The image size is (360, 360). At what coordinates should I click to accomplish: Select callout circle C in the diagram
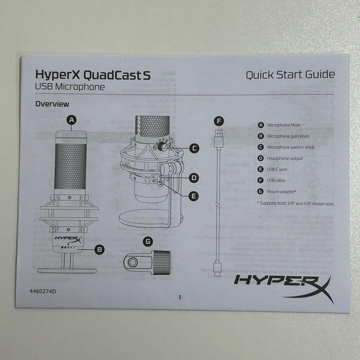pyautogui.click(x=194, y=148)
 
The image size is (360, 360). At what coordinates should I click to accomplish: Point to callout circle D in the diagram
pyautogui.click(x=194, y=178)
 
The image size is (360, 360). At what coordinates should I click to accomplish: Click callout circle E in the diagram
pyautogui.click(x=194, y=196)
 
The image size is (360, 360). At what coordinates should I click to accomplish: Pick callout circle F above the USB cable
pyautogui.click(x=219, y=121)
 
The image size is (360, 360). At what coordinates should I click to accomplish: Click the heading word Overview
pyautogui.click(x=52, y=104)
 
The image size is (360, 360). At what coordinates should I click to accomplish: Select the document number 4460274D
pyautogui.click(x=43, y=291)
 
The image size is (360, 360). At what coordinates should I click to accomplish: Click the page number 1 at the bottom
pyautogui.click(x=180, y=297)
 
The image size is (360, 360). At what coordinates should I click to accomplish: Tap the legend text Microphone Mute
pyautogui.click(x=284, y=125)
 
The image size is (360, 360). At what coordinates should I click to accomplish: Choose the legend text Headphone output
pyautogui.click(x=285, y=158)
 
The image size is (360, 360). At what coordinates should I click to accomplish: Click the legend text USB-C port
pyautogui.click(x=277, y=169)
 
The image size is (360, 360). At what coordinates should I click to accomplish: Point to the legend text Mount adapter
pyautogui.click(x=281, y=192)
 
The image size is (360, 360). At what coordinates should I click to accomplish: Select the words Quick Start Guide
pyautogui.click(x=290, y=75)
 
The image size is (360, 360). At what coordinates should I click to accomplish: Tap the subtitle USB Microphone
pyautogui.click(x=70, y=87)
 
